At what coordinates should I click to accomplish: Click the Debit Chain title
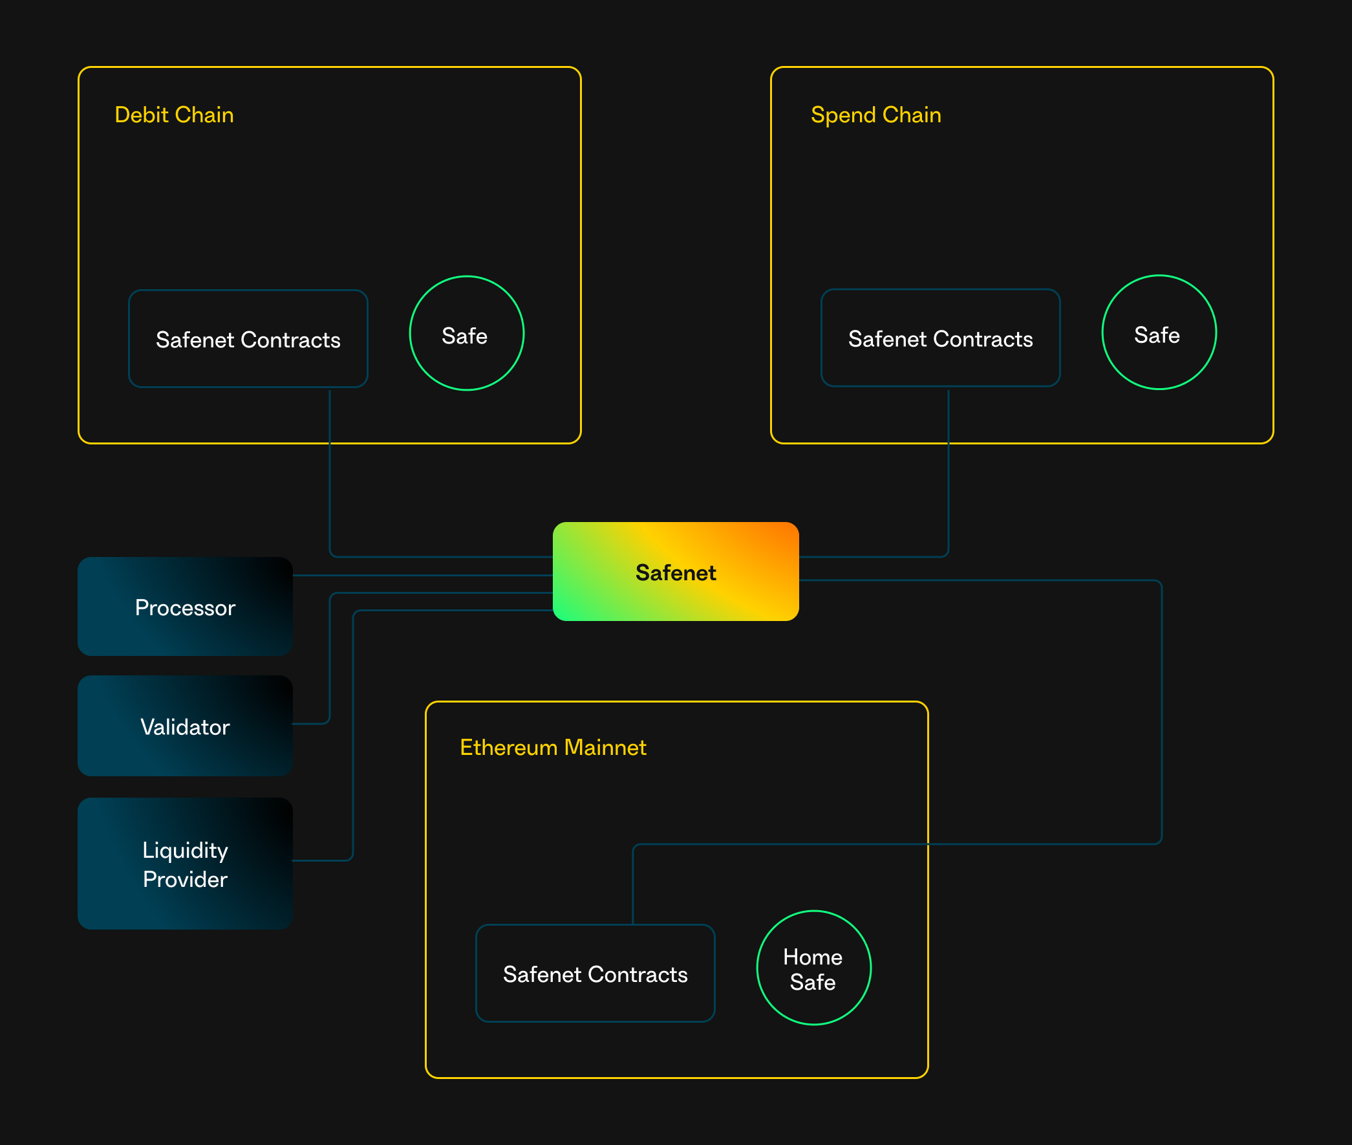tap(174, 115)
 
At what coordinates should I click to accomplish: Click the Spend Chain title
tap(875, 115)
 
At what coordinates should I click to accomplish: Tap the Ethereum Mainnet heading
tap(553, 747)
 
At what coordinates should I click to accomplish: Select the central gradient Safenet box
tap(675, 572)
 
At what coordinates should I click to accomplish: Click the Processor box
tap(185, 607)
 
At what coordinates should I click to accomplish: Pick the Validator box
tap(185, 726)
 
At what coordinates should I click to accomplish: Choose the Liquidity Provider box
tap(185, 864)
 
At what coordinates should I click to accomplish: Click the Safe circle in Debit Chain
tap(466, 334)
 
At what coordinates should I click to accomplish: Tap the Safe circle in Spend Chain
tap(1159, 333)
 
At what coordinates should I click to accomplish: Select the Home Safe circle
tap(813, 968)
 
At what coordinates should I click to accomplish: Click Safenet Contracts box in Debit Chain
tap(248, 339)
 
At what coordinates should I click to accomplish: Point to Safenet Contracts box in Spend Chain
tap(940, 338)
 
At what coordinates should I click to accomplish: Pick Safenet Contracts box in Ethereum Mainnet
tap(595, 974)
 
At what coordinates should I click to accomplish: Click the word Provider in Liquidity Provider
tap(185, 880)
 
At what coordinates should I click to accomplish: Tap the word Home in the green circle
tap(812, 957)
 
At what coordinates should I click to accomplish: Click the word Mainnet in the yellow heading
tap(605, 747)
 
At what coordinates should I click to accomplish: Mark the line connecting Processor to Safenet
tap(422, 575)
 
